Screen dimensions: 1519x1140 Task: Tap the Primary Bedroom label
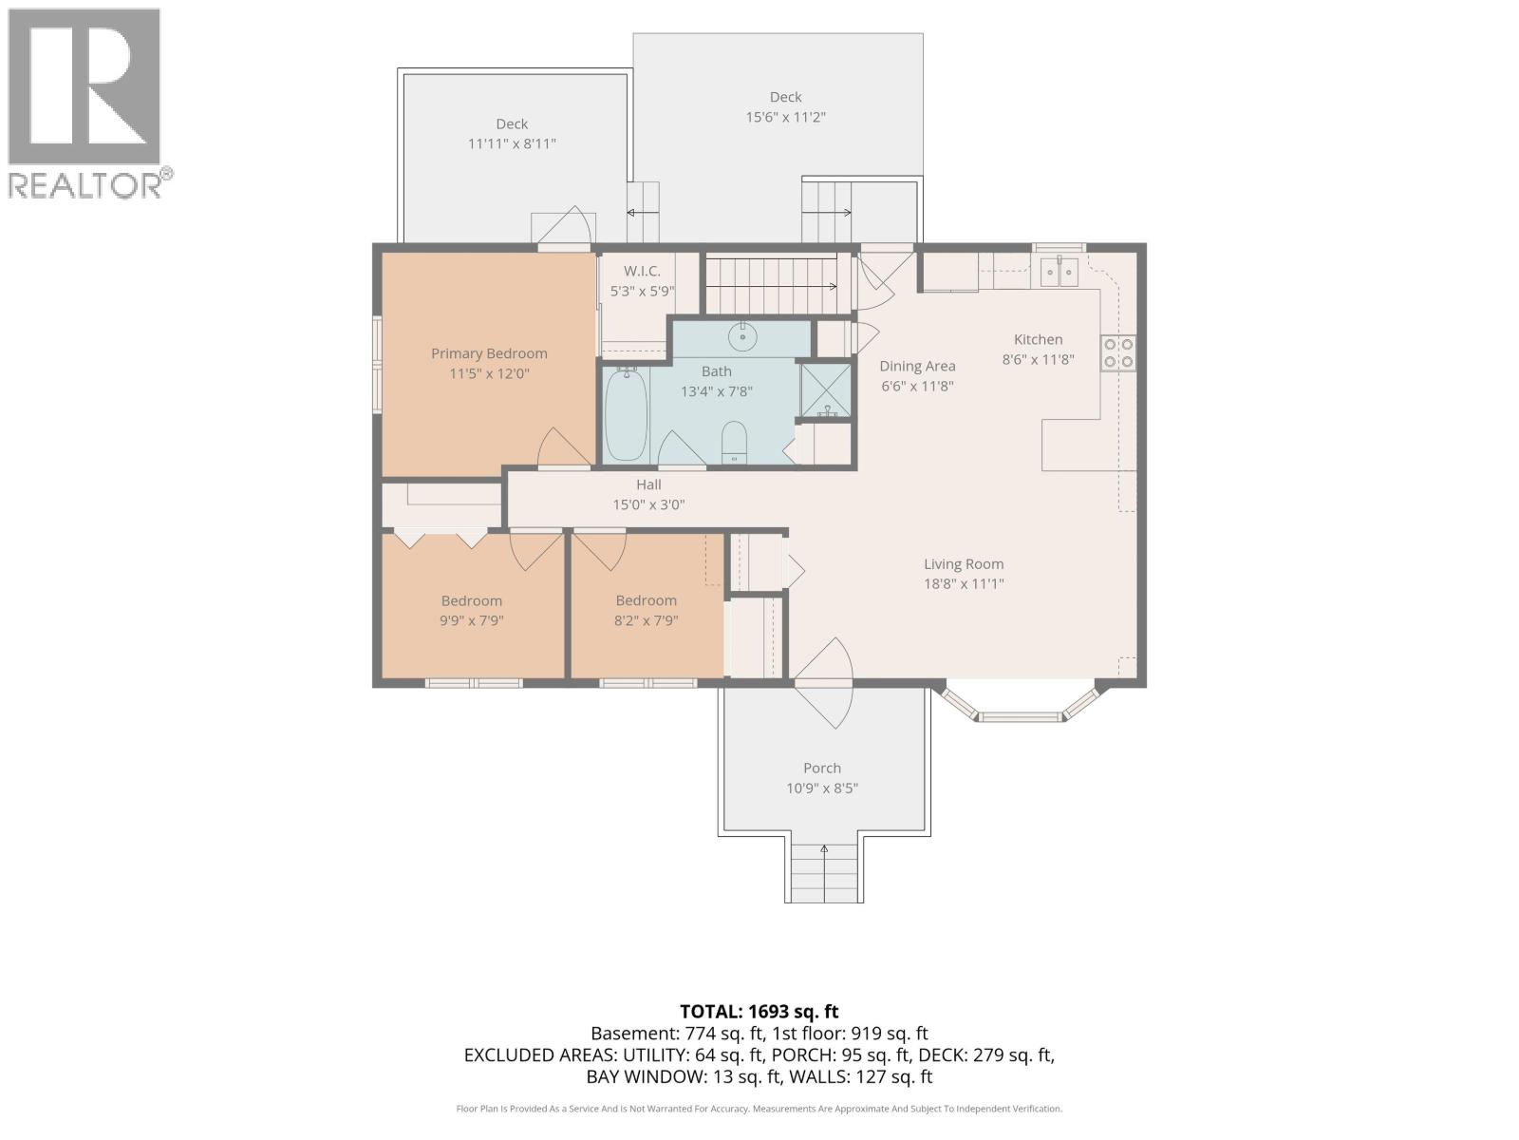coord(489,353)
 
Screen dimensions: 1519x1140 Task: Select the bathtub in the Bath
coord(626,414)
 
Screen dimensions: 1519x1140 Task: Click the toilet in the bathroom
coord(734,443)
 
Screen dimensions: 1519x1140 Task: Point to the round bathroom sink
coord(742,336)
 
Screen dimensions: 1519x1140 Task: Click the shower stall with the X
coord(826,390)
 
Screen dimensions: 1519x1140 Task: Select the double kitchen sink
coord(1059,272)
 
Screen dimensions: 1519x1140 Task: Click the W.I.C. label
coord(642,271)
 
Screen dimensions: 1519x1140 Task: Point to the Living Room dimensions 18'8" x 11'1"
coord(964,583)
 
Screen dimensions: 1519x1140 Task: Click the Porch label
coord(822,768)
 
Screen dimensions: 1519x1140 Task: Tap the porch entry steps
coord(823,873)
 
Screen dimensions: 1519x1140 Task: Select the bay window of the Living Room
coord(1021,703)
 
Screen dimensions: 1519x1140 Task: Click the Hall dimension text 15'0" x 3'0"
coord(648,504)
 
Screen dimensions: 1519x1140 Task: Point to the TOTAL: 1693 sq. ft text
coord(759,1011)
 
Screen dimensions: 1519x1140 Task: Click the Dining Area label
coord(917,366)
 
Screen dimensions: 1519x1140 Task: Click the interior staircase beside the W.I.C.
coord(778,285)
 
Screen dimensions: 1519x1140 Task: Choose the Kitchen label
coord(1038,339)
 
